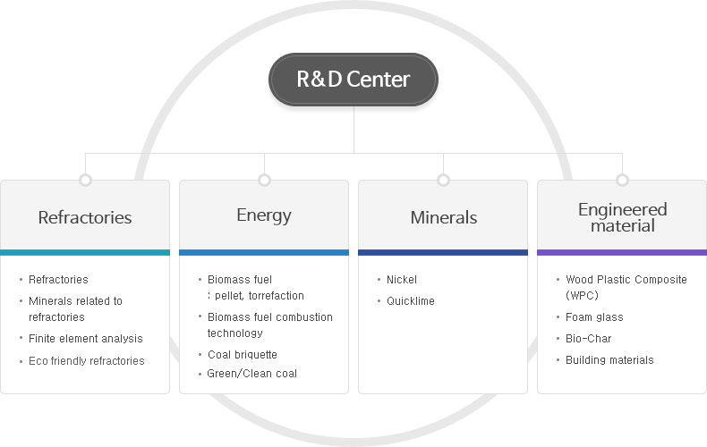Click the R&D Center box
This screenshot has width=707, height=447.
click(x=353, y=79)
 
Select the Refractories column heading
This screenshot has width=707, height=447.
click(x=85, y=217)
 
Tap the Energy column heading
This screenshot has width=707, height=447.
click(x=264, y=215)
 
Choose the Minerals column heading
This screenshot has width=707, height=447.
click(x=443, y=217)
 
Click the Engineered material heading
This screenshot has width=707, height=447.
click(x=622, y=217)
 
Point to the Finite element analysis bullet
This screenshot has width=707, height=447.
click(x=85, y=338)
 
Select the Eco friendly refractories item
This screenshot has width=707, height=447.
click(x=86, y=360)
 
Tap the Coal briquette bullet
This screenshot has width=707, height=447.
click(x=242, y=354)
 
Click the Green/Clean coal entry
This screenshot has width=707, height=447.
click(x=251, y=373)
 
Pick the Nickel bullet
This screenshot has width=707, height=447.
click(x=401, y=279)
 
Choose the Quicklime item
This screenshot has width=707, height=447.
click(x=410, y=300)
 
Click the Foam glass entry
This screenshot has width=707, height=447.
click(x=594, y=316)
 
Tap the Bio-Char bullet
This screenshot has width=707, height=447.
click(x=588, y=338)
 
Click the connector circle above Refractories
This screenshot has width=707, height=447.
click(x=85, y=180)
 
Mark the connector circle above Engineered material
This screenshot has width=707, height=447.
click(x=622, y=180)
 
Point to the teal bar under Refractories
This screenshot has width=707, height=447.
click(x=85, y=253)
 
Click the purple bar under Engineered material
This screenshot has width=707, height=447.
click(x=622, y=253)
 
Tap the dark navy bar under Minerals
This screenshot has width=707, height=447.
click(x=443, y=253)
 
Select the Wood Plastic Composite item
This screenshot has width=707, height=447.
click(x=626, y=279)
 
